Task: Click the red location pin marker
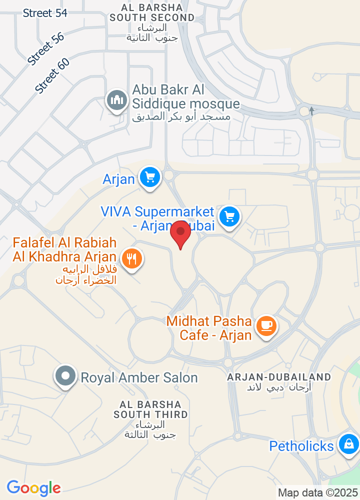click(x=180, y=234)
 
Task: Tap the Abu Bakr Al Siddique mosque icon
click(x=117, y=100)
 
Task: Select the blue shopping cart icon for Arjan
click(x=149, y=177)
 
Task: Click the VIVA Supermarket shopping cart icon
click(x=229, y=216)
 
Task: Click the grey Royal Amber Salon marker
click(x=65, y=376)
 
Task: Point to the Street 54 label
click(x=45, y=13)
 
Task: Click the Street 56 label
click(x=46, y=49)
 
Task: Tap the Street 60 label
click(x=52, y=75)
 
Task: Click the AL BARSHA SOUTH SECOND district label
click(x=152, y=12)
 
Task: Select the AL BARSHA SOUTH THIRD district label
click(x=150, y=409)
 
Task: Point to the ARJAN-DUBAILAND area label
click(x=279, y=377)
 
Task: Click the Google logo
click(x=33, y=487)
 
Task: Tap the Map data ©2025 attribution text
click(x=318, y=492)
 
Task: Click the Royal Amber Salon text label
click(x=139, y=377)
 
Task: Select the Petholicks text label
click(x=301, y=445)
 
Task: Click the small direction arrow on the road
click(x=311, y=110)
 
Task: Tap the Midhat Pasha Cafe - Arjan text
click(x=215, y=328)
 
